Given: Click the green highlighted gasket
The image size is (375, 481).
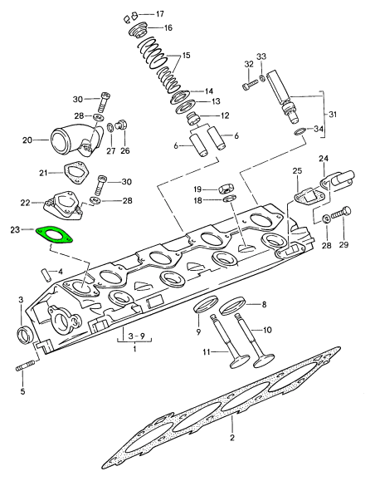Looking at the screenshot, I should pos(54,235).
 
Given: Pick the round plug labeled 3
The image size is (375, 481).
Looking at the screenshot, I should pos(26,335).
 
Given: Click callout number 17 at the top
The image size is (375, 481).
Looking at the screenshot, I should pos(159,14).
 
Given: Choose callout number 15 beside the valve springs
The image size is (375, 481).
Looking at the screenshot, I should pos(186,56).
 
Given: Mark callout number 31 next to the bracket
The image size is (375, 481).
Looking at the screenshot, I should pos(334,114).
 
